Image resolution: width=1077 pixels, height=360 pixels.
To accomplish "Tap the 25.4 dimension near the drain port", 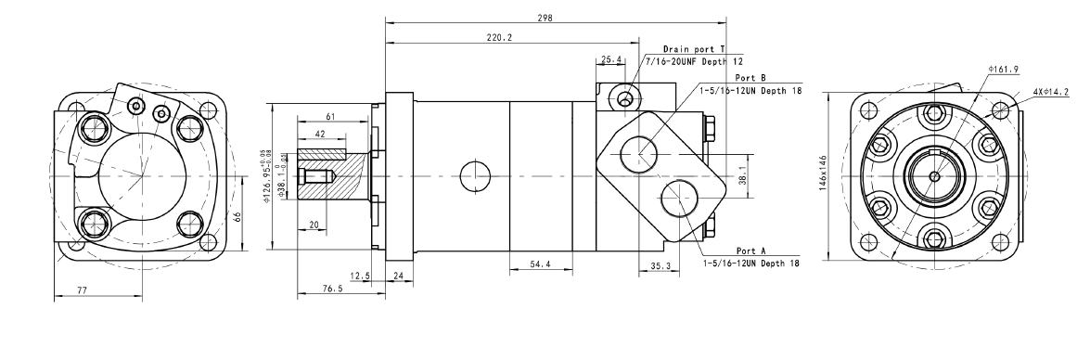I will click(610, 59).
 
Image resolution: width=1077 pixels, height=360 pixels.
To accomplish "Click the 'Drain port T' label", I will click(694, 48).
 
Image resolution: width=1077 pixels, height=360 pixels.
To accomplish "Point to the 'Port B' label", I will click(750, 78).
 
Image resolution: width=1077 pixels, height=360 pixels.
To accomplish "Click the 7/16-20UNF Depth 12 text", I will click(691, 59).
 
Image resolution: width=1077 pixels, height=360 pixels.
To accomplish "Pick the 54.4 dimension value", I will click(541, 264).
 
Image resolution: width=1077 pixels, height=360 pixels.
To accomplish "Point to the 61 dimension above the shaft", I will click(331, 117).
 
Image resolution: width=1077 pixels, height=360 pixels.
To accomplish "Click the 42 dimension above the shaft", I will click(319, 135).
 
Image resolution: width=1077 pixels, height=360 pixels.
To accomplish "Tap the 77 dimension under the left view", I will click(82, 291).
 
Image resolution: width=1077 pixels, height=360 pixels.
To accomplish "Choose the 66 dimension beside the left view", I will click(237, 216).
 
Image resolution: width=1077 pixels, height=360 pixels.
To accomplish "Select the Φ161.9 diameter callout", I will click(1004, 70).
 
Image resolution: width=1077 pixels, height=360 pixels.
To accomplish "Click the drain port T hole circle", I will click(629, 96).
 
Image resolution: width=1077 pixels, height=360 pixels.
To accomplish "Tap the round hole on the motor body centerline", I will click(474, 174).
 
